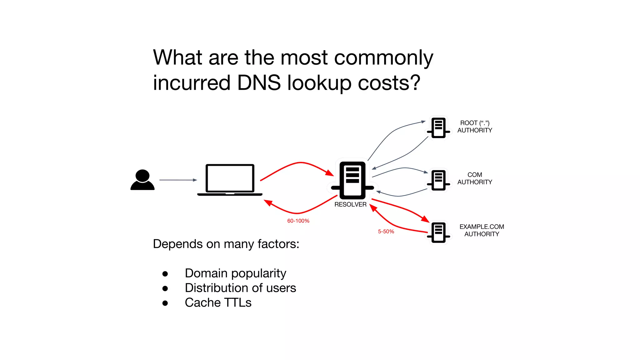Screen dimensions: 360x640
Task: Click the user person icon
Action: [x=142, y=180]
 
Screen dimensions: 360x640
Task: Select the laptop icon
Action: [x=230, y=180]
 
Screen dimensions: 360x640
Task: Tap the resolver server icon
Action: [x=352, y=181]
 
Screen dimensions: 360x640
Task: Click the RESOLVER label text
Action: [x=350, y=204]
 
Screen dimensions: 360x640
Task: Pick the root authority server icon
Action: [x=438, y=128]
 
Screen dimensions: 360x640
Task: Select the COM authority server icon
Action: [x=438, y=180]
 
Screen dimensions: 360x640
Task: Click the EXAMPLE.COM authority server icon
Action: [x=438, y=232]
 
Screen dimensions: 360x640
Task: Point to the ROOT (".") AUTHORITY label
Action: [x=474, y=127]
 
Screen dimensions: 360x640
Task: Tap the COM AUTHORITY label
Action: [x=474, y=178]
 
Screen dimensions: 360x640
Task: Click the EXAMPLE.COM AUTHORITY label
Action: [x=482, y=230]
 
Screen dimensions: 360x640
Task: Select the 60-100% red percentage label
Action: [x=298, y=221]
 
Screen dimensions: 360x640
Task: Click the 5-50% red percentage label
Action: [x=386, y=232]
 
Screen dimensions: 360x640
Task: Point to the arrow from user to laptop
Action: [x=178, y=180]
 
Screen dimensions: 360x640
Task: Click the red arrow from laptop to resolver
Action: [x=300, y=163]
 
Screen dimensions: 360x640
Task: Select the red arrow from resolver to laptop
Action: [x=297, y=213]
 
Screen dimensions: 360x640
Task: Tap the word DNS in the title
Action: [x=259, y=83]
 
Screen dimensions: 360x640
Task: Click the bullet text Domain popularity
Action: [x=235, y=273]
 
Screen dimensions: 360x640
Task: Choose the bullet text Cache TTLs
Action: [x=218, y=302]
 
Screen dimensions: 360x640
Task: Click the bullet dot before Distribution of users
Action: [x=165, y=288]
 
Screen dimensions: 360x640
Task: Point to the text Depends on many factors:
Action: [x=226, y=244]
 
